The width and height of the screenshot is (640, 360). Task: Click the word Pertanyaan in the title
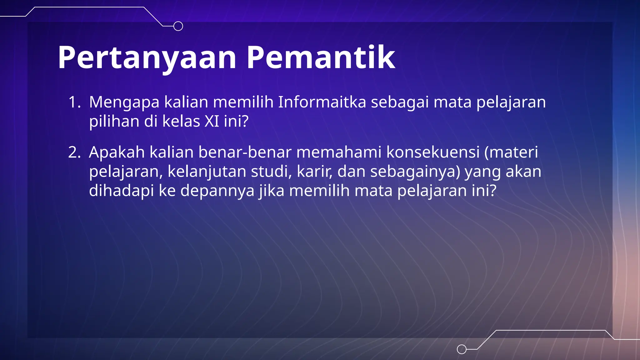tap(147, 58)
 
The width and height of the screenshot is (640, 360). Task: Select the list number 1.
tap(74, 102)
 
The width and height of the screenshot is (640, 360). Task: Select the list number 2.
tap(74, 153)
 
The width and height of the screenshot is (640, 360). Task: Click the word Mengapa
tap(124, 102)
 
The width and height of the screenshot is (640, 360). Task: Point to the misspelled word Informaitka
tap(322, 102)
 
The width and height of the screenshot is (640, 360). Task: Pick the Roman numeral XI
tap(212, 121)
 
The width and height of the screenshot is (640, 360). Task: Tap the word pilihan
tap(114, 121)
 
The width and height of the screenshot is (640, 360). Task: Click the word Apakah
tap(117, 152)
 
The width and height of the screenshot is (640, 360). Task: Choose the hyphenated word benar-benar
tap(245, 152)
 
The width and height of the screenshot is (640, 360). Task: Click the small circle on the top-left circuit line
tap(178, 26)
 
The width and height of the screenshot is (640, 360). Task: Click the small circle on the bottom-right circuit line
tap(462, 349)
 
